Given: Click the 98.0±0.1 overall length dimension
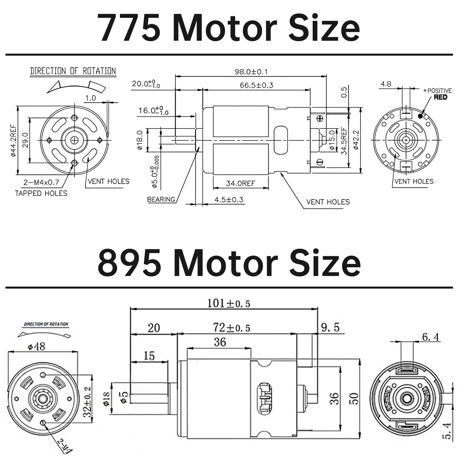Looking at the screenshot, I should pos(251,71).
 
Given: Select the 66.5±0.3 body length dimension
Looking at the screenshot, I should pos(256,85).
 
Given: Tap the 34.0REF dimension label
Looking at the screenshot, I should pos(240,183).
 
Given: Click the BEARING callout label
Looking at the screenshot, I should pos(161,199).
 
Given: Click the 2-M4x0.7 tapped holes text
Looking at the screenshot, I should pos(41,182).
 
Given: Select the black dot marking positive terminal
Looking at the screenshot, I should pos(420,116).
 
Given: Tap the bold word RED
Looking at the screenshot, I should pos(440,98).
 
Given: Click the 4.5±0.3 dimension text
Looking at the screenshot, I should pos(229,199).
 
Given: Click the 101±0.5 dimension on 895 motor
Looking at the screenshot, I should pos(229,303).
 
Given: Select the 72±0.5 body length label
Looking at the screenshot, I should pos(232,327).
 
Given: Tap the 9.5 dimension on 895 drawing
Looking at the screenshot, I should pos(330,327).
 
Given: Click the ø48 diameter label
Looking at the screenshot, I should pos(36,347).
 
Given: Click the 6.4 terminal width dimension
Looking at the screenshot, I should pos(431,337).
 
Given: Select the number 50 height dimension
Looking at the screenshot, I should pos(355,399).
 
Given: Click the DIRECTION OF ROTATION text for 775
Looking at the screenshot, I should pos(73,71).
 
